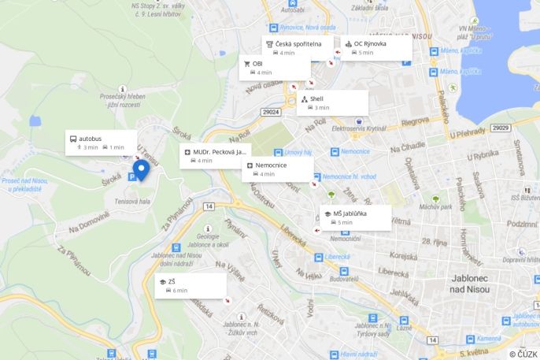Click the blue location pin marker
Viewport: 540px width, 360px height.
[x=141, y=169]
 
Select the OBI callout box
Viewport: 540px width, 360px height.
[x=273, y=68]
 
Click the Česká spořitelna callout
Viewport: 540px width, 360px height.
[x=297, y=47]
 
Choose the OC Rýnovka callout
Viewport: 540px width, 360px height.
[x=375, y=47]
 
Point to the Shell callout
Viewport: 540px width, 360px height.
[x=332, y=102]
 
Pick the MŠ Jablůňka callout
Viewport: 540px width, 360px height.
[x=355, y=217]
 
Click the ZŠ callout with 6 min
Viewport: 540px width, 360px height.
[x=190, y=285]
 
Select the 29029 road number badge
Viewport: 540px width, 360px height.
[x=501, y=128]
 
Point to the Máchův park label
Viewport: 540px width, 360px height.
[x=435, y=207]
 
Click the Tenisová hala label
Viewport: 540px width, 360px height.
[x=132, y=202]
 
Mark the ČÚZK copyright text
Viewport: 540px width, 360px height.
[x=523, y=354]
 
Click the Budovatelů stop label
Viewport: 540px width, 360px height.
[x=343, y=279]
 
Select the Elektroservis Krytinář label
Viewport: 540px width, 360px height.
[x=359, y=128]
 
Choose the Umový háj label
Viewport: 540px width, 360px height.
[x=298, y=151]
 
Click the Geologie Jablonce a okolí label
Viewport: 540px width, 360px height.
[x=208, y=240]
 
